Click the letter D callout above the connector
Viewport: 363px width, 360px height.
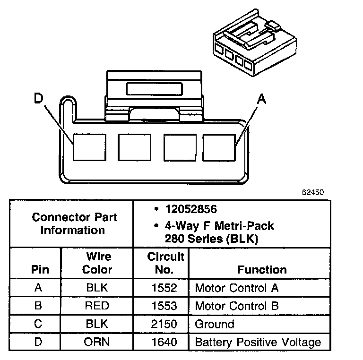39,99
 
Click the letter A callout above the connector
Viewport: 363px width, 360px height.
261,99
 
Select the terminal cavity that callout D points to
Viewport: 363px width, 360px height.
88,147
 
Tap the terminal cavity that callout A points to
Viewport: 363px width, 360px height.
219,147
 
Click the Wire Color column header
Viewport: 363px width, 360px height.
97,263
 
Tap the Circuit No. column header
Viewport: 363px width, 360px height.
165,263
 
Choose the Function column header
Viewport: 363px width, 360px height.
262,270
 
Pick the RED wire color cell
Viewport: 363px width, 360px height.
97,306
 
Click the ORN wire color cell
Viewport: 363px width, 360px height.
97,342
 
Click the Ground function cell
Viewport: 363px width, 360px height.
215,324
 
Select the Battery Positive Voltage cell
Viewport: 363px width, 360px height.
258,342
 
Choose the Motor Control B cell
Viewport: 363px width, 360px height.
237,306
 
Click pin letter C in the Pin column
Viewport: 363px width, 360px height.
38,324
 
